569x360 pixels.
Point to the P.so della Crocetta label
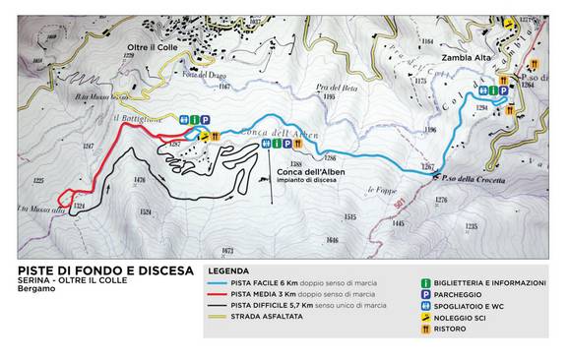click(x=474, y=180)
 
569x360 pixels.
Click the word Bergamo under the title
click(x=37, y=296)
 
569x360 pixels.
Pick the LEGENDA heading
click(x=227, y=270)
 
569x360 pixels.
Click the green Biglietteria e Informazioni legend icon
click(x=424, y=282)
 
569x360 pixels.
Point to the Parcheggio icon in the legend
click(x=424, y=294)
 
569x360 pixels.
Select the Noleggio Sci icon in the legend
click(x=424, y=318)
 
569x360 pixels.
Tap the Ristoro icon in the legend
click(x=424, y=330)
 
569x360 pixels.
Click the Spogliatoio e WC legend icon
click(x=424, y=306)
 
